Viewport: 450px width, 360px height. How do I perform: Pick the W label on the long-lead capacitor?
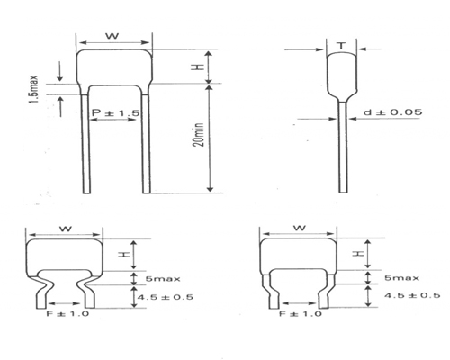pos(112,36)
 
